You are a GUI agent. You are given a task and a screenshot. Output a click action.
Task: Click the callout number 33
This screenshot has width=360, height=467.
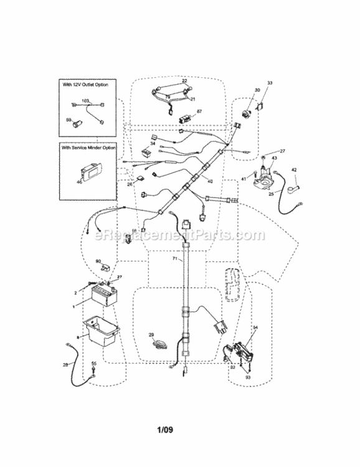click(270, 83)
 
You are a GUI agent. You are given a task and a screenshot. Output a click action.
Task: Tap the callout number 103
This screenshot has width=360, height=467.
click(86, 100)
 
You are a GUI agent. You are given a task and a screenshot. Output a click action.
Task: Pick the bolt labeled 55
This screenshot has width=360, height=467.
click(94, 374)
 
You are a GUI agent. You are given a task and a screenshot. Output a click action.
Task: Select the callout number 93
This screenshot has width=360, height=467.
click(247, 378)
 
